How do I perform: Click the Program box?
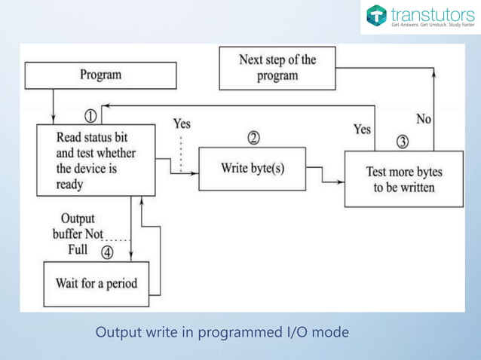tap(100, 75)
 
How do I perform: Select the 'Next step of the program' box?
tap(277, 68)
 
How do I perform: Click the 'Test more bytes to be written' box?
tap(403, 179)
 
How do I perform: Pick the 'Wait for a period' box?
tap(96, 284)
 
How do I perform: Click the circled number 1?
tap(90, 116)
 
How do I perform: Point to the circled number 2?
tap(253, 138)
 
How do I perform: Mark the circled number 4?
tap(107, 252)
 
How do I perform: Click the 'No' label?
tap(424, 119)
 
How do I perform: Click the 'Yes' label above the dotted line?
tap(182, 124)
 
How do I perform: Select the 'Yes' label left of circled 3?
tap(362, 130)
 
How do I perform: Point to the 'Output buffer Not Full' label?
tap(77, 233)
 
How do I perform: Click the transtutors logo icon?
tap(376, 16)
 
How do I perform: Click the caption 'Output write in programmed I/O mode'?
tap(222, 332)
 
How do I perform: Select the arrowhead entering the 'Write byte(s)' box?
tap(195, 175)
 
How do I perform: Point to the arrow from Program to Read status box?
tap(54, 106)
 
